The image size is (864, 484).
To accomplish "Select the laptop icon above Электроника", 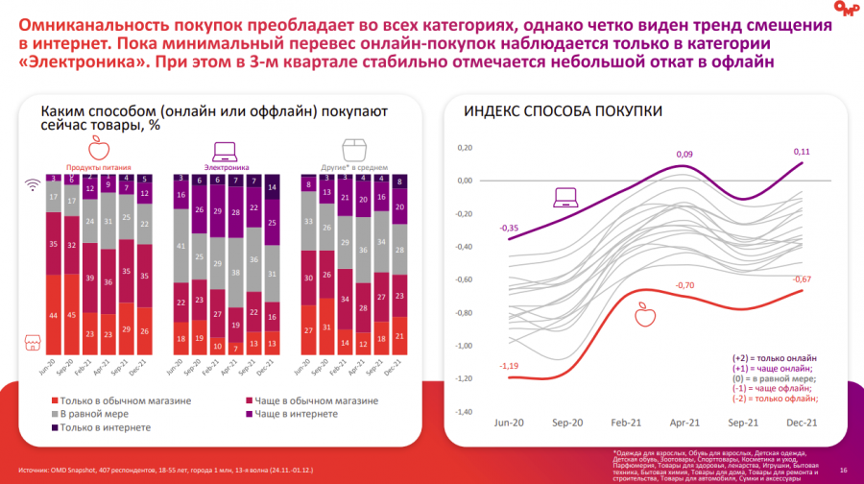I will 224,150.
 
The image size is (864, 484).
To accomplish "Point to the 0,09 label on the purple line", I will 684,154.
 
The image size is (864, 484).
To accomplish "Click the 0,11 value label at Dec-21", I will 802,152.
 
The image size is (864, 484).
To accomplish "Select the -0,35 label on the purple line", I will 510,228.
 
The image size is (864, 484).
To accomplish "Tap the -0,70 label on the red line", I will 684,285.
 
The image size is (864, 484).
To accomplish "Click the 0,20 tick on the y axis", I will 466,148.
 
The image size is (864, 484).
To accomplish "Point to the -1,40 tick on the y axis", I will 464,411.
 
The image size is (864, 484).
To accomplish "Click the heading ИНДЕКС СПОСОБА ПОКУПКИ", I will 563,111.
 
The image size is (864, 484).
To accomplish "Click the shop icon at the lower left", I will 31,343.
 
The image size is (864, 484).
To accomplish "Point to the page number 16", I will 843,470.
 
